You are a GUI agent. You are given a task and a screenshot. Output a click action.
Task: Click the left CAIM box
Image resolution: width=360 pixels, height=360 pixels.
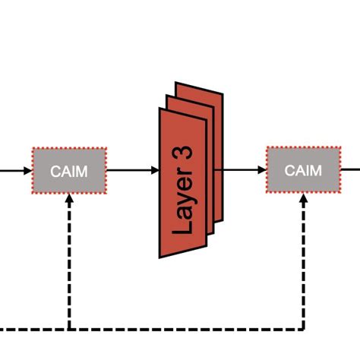(69, 171)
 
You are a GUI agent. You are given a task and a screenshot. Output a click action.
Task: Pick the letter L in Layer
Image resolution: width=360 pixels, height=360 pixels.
(183, 226)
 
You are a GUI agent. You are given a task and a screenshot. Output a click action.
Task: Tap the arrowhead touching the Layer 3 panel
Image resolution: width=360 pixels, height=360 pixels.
(154, 171)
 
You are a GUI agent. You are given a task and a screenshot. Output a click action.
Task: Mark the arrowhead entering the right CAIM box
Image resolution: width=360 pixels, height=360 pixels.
(261, 171)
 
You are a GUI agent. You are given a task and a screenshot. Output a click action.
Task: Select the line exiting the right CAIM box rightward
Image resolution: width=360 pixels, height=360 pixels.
(350, 170)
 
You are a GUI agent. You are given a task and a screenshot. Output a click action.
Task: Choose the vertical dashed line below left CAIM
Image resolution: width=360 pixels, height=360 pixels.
(69, 266)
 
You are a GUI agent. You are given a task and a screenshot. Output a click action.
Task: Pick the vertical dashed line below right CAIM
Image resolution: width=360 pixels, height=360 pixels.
(303, 266)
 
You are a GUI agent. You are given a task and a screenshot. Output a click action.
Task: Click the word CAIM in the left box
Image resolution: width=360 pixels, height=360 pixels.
(69, 171)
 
